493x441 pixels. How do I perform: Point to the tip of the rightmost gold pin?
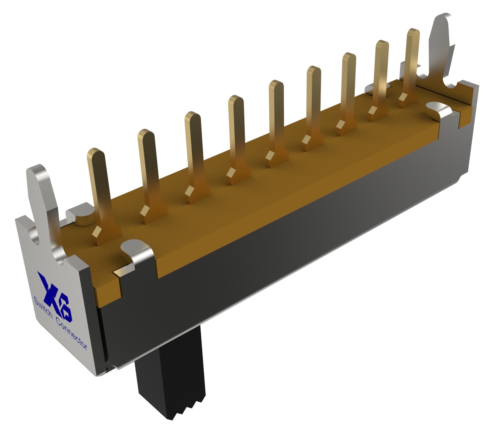(x=413, y=32)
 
